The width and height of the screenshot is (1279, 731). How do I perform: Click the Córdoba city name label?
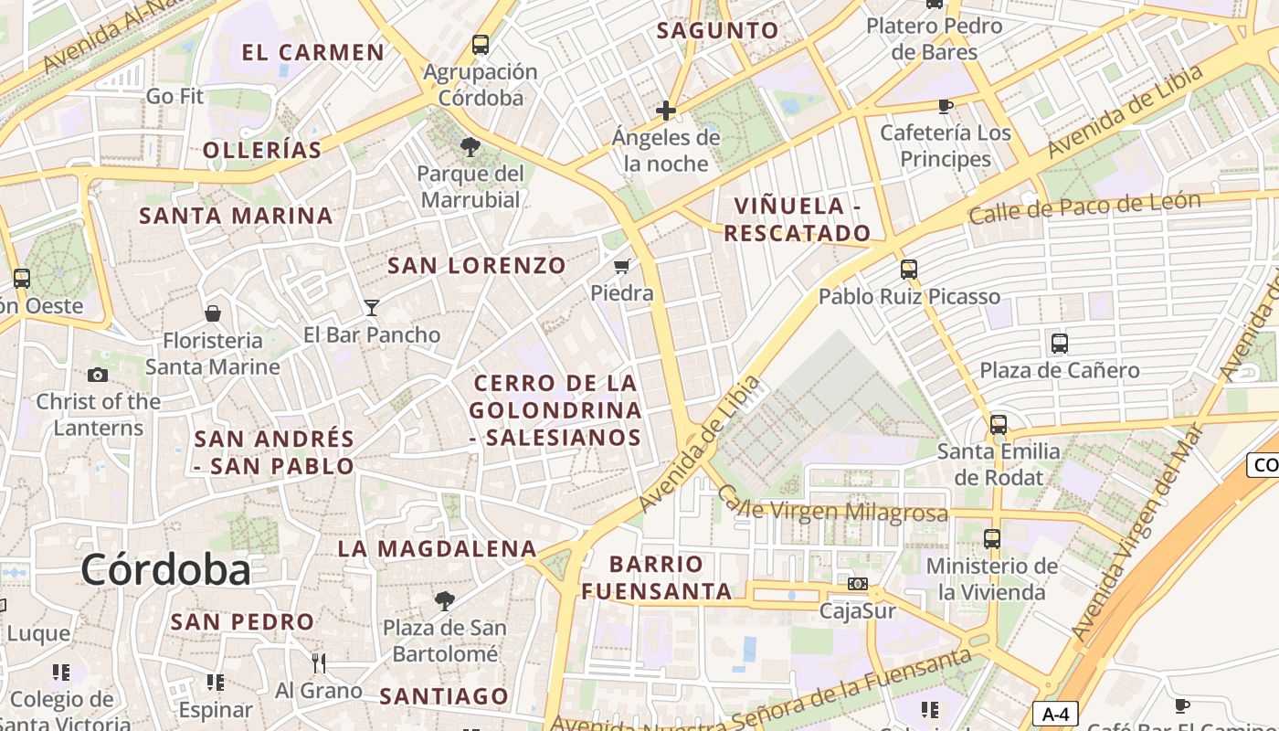165,569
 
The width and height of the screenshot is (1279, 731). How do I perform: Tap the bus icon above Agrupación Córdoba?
481,44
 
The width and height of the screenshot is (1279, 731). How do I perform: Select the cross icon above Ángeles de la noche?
666,111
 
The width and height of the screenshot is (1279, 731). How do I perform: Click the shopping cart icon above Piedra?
622,267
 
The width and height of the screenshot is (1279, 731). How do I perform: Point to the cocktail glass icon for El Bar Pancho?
372,307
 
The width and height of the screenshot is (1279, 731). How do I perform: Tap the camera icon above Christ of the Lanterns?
98,375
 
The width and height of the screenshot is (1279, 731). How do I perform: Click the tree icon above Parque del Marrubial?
470,146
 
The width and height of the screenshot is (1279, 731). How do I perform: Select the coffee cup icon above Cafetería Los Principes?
946,107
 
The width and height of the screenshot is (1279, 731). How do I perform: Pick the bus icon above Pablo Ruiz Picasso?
908,269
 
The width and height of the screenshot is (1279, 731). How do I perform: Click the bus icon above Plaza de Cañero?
1060,344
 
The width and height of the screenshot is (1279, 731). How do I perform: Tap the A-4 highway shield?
1055,714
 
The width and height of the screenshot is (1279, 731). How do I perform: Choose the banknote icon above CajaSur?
858,584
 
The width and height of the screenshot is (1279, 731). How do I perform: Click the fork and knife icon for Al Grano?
319,662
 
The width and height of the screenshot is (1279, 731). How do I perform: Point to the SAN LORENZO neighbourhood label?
477,266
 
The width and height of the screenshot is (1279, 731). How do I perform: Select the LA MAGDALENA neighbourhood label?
437,548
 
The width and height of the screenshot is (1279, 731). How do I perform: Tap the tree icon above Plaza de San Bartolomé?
445,600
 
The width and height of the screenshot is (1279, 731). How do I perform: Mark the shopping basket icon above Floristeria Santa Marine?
213,313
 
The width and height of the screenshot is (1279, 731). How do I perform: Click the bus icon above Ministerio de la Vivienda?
992,539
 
